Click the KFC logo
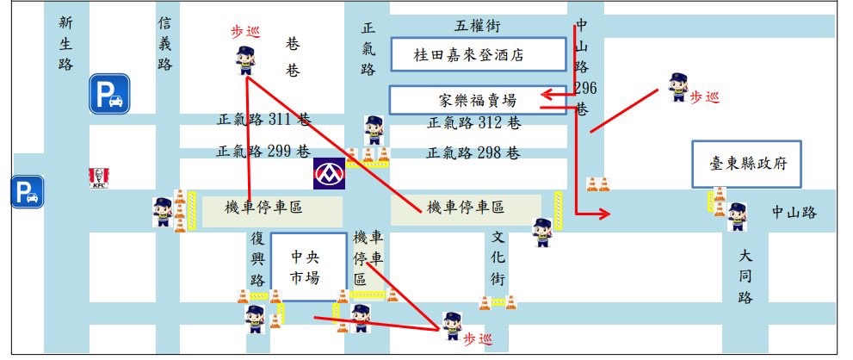tap(97, 178)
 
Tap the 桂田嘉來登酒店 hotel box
tap(469, 55)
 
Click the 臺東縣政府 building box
tap(745, 164)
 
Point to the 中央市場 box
tap(298, 266)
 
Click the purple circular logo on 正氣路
tap(329, 173)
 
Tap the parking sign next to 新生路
tap(109, 94)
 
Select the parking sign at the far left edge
tap(27, 191)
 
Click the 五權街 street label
tap(478, 25)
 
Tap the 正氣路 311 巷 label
tap(263, 120)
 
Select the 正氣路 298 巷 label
tap(473, 153)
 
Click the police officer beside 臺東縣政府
tap(737, 217)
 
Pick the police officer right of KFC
tap(162, 211)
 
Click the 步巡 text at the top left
tap(244, 32)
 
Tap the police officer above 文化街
tap(541, 233)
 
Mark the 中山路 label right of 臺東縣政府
tap(793, 213)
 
